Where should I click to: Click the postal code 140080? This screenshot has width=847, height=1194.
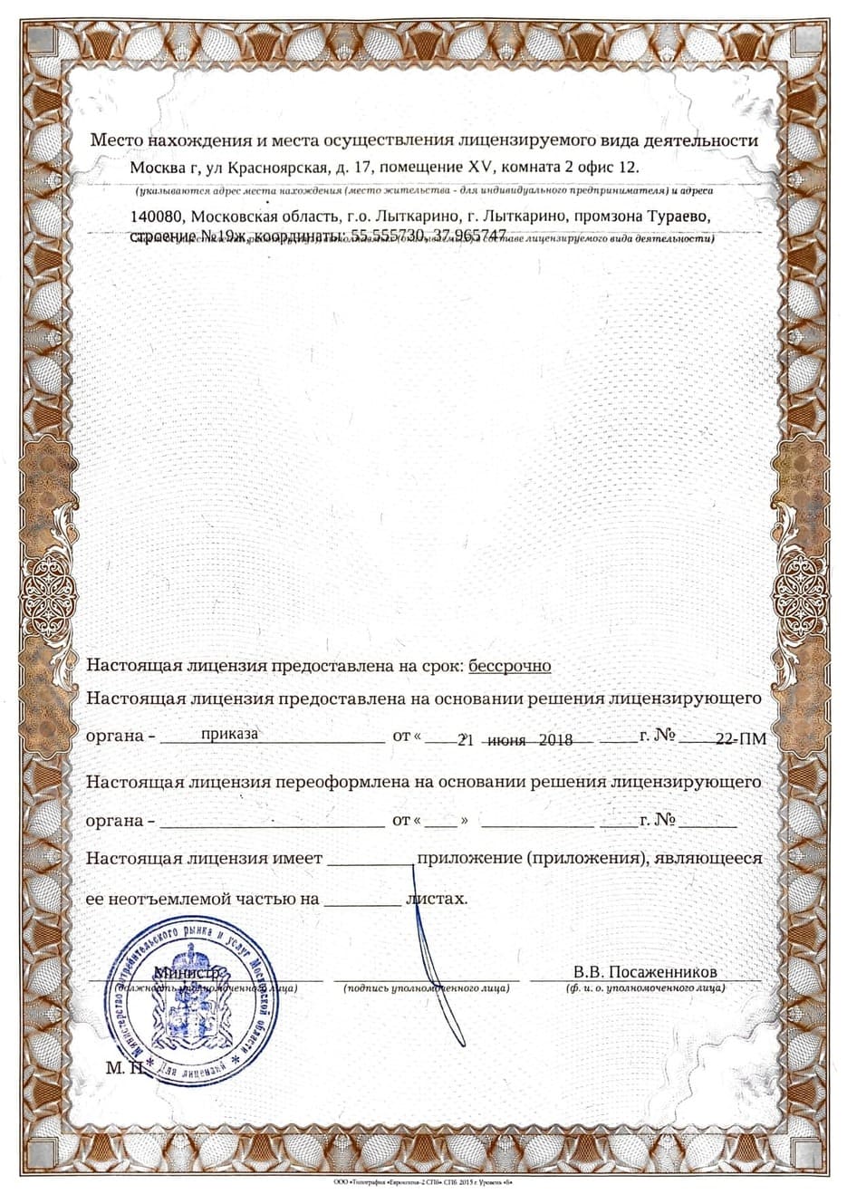point(157,217)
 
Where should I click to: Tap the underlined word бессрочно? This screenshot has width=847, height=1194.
point(509,666)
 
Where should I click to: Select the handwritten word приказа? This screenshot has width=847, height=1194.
point(229,734)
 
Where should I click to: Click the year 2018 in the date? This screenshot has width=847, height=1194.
point(555,740)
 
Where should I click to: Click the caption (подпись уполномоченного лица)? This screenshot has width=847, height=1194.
point(426,987)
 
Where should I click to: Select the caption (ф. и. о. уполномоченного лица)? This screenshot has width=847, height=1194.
point(645,987)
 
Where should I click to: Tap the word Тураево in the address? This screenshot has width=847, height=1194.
point(679,217)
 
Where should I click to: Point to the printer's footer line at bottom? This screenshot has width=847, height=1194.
point(423,1184)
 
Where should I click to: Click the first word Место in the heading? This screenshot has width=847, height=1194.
point(111,140)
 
